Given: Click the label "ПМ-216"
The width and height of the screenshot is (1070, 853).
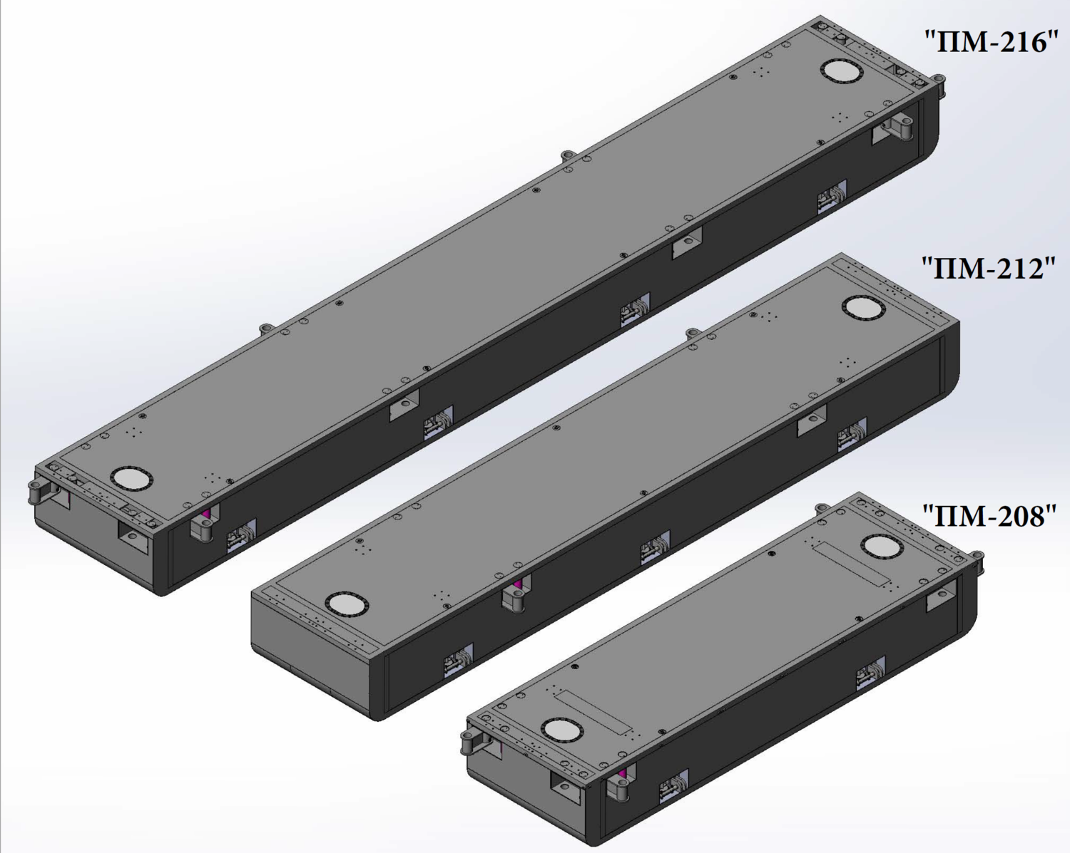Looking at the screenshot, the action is (991, 42).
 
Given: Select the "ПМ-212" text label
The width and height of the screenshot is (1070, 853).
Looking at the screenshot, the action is (989, 268).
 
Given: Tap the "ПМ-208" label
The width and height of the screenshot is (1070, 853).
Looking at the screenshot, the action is (989, 516).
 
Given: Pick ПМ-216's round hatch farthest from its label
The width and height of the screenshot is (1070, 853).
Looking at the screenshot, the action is (132, 479).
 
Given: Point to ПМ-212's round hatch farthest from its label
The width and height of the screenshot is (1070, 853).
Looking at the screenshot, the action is (347, 604).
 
